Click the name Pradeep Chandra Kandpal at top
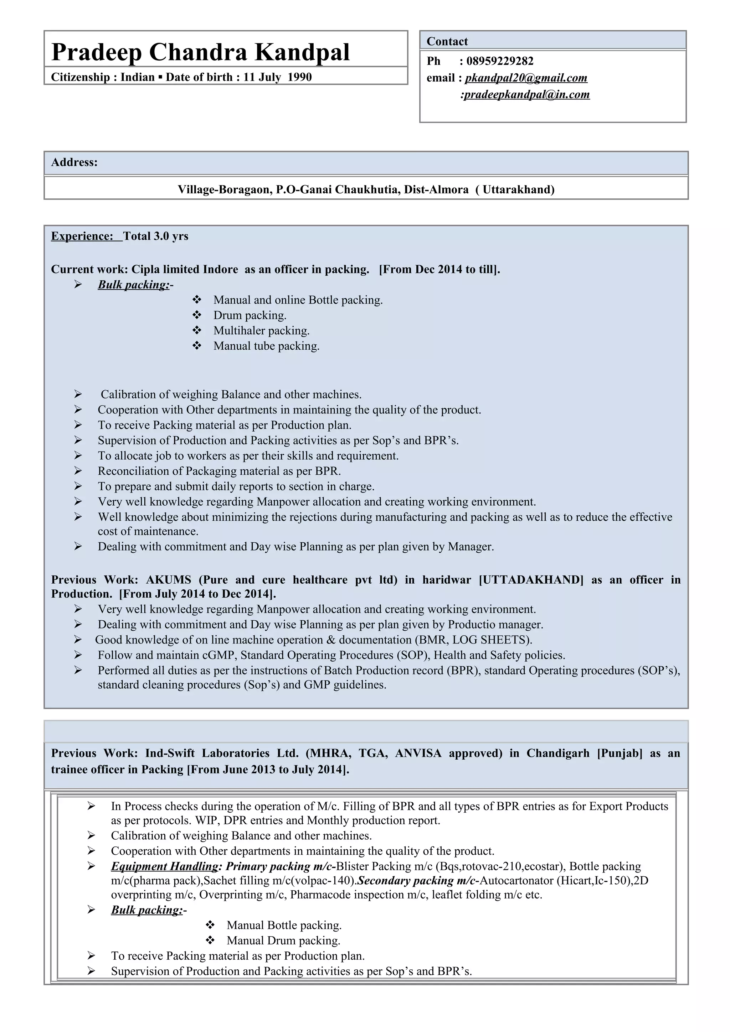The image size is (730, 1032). [x=200, y=52]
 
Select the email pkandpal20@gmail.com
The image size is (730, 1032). [x=526, y=78]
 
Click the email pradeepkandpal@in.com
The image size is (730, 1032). [x=526, y=95]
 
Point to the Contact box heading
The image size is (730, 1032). [x=447, y=41]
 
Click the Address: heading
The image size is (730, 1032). [x=74, y=162]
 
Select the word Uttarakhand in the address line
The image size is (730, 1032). [x=518, y=190]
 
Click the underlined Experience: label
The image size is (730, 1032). [x=82, y=236]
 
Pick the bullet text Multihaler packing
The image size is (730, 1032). [x=261, y=331]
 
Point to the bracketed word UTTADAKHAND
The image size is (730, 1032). [x=531, y=580]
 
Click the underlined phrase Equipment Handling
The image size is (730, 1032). [x=165, y=867]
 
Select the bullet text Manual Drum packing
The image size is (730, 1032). [x=283, y=941]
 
